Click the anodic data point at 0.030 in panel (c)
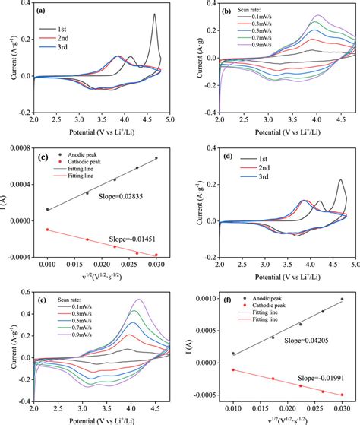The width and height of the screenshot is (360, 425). (156, 158)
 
